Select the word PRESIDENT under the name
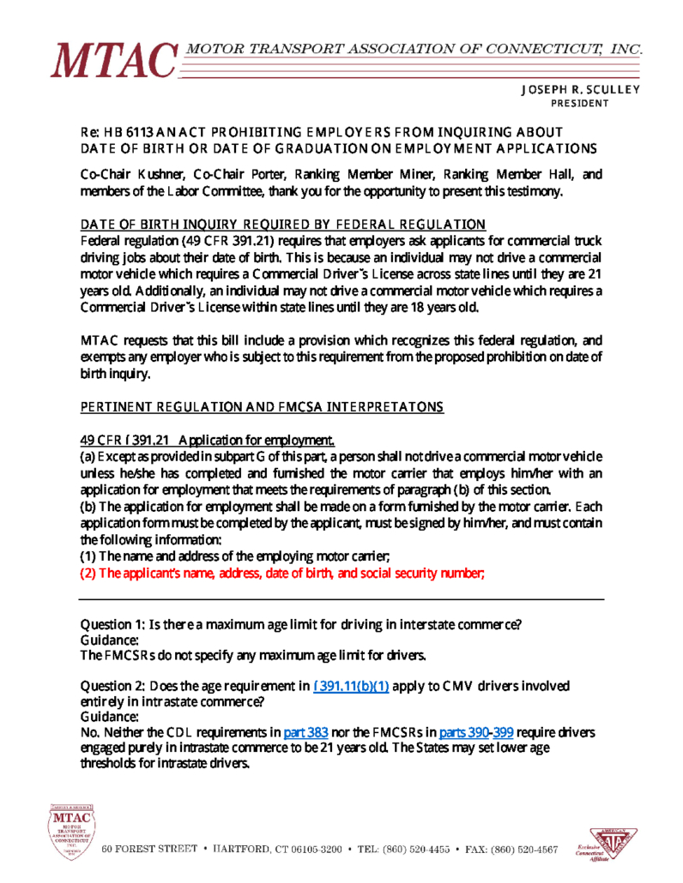(x=580, y=104)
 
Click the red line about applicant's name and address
(x=282, y=574)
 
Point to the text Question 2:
(x=113, y=686)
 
